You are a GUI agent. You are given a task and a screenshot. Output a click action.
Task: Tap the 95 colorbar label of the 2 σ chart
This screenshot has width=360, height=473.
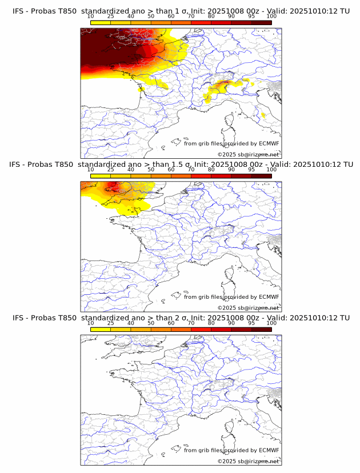point(251,322)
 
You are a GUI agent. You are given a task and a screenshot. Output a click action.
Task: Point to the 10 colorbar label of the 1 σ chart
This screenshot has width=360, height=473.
point(90,16)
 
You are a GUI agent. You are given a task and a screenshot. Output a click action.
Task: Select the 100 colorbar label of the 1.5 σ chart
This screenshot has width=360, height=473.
point(271,169)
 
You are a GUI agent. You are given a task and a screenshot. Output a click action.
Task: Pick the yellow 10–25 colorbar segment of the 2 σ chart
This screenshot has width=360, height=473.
point(101,329)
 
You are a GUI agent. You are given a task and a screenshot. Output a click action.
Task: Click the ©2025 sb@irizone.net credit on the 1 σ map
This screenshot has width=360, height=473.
point(248,154)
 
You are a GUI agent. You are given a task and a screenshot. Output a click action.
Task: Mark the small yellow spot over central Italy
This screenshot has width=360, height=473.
point(263,116)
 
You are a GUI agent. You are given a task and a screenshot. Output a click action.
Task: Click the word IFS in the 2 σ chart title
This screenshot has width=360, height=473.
point(18,318)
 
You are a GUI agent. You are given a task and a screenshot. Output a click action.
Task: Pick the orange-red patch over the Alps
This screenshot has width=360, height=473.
point(221,86)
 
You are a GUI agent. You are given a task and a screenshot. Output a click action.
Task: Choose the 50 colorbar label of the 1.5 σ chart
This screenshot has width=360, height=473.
point(151,169)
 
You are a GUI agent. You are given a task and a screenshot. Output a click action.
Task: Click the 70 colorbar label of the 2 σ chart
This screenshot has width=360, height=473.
point(191,322)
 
